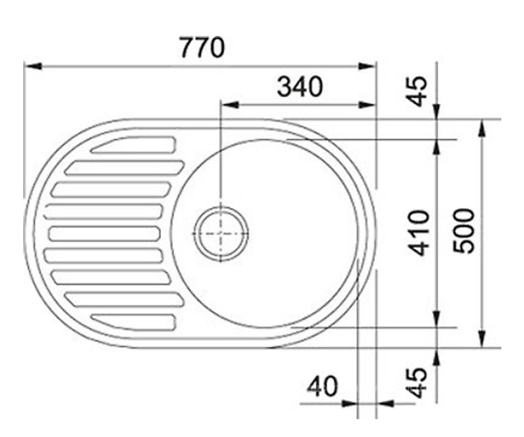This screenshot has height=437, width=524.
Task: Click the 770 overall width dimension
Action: (202, 48)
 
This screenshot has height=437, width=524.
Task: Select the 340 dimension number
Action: (300, 87)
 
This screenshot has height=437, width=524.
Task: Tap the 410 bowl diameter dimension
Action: (418, 233)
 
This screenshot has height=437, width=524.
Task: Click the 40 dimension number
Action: (323, 386)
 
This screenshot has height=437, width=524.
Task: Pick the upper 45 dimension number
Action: (416, 91)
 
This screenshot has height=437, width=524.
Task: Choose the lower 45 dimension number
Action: (416, 383)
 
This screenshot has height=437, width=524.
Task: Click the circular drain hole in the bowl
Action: (221, 233)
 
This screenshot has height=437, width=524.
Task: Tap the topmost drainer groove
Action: (133, 145)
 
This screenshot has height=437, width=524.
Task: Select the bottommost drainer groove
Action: (133, 322)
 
